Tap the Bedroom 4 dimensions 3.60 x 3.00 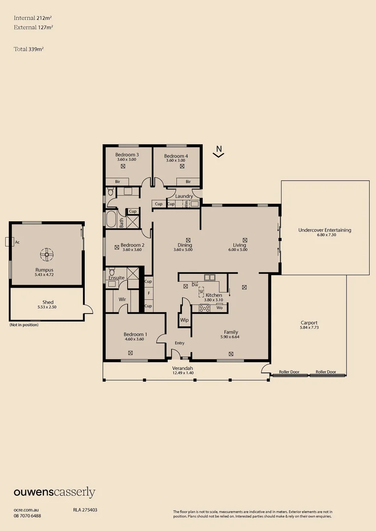175,160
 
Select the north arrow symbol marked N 219,151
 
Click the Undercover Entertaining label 325,230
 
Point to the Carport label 309,323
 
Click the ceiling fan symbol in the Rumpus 47,254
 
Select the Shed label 47,302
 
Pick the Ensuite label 117,278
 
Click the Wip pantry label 184,320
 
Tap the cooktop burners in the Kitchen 204,308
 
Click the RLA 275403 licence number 85,510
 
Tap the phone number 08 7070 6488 28,516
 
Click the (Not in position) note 24,325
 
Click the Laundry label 183,196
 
